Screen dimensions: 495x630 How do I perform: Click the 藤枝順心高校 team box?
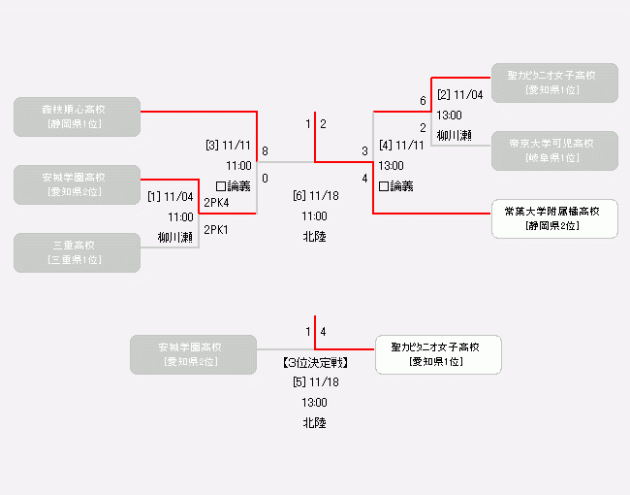tap(78, 115)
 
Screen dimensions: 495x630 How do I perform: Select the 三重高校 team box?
tap(78, 251)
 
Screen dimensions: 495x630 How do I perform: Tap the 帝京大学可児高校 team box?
tap(554, 149)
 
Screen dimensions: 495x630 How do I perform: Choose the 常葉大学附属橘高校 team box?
tap(554, 218)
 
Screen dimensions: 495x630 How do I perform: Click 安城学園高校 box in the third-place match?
tap(193, 354)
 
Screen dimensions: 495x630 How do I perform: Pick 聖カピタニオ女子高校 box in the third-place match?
tap(438, 354)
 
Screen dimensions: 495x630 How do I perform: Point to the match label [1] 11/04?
tap(171, 197)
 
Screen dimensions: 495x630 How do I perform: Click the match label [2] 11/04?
tap(460, 94)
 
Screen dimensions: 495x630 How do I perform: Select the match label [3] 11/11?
tap(228, 146)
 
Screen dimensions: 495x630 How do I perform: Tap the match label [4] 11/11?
tap(401, 146)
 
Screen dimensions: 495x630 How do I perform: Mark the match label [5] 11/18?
tap(314, 381)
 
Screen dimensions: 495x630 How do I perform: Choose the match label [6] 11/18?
tap(314, 195)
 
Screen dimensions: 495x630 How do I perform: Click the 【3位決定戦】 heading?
tap(314, 363)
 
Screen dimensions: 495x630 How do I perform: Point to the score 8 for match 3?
tap(265, 151)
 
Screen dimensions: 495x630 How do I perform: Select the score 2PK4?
tap(216, 203)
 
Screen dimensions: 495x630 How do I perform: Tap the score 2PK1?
tap(216, 230)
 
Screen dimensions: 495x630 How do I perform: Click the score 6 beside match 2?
tap(423, 101)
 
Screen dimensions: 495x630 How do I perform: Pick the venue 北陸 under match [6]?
tap(314, 236)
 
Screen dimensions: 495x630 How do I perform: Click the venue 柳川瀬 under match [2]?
tap(454, 135)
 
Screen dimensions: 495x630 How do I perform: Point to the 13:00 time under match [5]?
tap(314, 402)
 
